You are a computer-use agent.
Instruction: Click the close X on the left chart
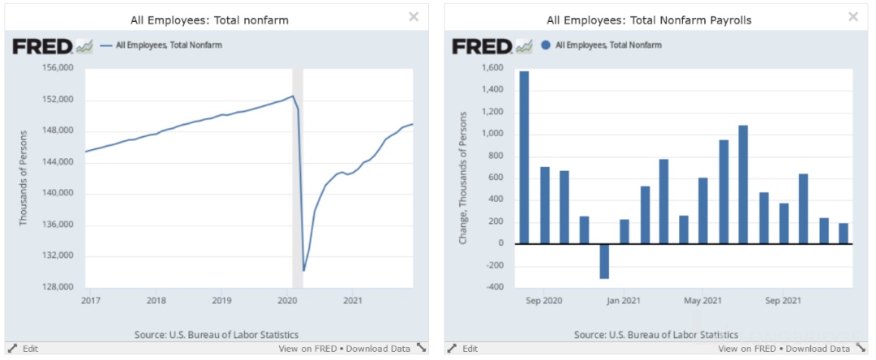click(x=414, y=17)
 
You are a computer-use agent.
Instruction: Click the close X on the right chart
click(x=853, y=17)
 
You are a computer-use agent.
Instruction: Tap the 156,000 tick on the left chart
click(x=58, y=68)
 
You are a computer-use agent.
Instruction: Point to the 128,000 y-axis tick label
click(x=58, y=287)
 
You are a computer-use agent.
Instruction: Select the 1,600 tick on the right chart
click(x=493, y=68)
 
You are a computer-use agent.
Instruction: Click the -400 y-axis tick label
click(x=496, y=287)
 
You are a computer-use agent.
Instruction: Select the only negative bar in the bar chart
click(x=604, y=260)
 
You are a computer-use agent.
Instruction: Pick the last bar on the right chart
click(x=843, y=233)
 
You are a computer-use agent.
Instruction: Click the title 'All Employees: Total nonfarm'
click(x=209, y=19)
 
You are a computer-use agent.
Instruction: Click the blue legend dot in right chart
click(x=546, y=45)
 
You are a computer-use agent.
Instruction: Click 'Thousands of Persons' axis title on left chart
click(x=24, y=178)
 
